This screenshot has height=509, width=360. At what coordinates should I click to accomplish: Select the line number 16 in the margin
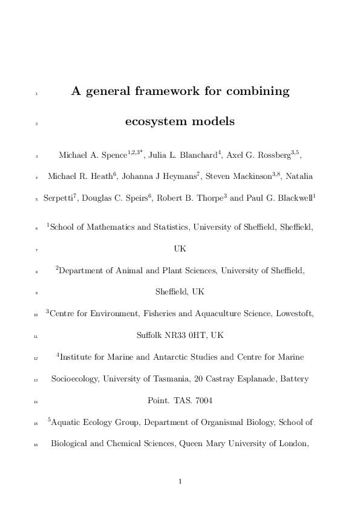pos(36,444)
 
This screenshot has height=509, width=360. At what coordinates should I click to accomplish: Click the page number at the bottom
pos(180,482)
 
